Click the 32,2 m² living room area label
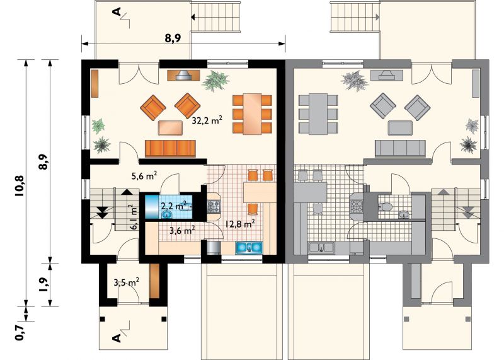coord(207,120)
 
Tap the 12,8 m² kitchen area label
coord(241,224)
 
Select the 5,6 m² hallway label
coord(144,176)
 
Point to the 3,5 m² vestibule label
coord(127,282)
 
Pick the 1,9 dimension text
coord(44,284)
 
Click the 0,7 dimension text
coord(20,332)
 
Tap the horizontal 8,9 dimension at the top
coord(173,38)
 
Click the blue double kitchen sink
coord(249,247)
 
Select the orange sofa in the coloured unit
coord(170,148)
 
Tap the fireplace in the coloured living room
coord(183,75)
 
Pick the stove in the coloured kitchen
coord(214,205)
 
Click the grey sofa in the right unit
coord(400,148)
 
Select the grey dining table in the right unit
coord(318,113)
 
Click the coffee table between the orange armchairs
coord(170,128)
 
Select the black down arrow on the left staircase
coord(102,213)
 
